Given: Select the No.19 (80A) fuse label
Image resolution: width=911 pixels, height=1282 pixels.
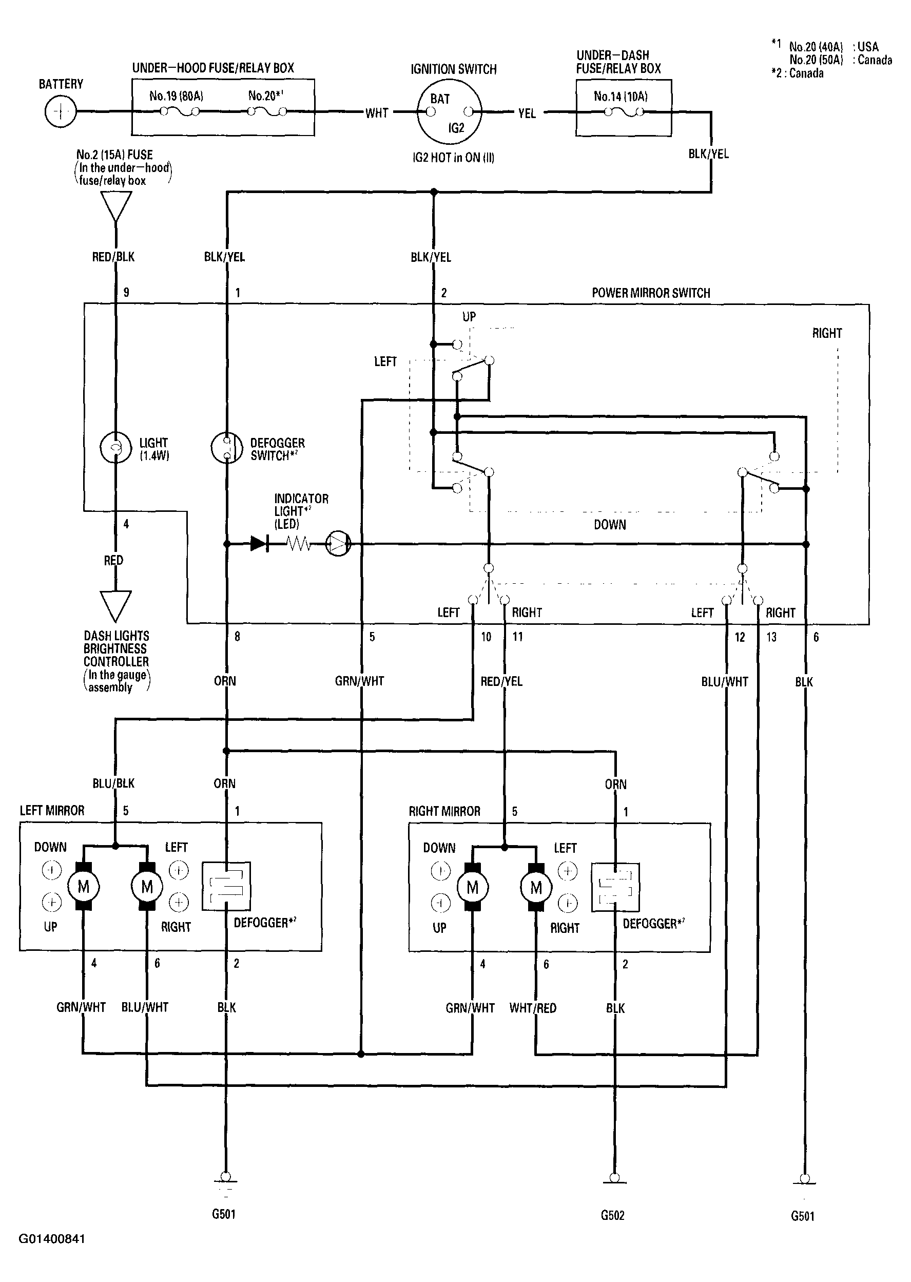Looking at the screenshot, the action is [x=176, y=96].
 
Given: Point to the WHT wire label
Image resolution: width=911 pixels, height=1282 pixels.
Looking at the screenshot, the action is [x=377, y=113].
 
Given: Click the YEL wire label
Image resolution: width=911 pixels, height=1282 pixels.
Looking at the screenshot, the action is [x=527, y=113].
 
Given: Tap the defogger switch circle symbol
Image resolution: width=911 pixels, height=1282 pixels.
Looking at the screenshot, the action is [x=227, y=448].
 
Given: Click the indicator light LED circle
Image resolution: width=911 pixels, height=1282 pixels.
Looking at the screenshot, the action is [x=338, y=543].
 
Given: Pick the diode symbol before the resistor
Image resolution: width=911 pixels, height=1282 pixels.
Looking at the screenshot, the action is [x=259, y=543].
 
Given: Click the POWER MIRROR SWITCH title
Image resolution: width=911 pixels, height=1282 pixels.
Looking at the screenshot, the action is [x=651, y=293].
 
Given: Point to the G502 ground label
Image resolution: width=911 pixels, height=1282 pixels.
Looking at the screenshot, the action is [x=613, y=1215].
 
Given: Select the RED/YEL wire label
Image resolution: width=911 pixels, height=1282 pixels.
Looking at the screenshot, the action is [x=501, y=681].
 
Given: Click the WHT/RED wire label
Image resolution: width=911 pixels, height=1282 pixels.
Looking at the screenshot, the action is [x=533, y=1008].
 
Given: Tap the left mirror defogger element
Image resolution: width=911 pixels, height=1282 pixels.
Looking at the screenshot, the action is [x=226, y=886].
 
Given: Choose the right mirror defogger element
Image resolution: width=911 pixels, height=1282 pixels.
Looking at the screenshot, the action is [x=615, y=887].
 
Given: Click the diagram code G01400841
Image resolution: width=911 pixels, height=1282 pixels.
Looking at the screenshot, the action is [x=52, y=1239].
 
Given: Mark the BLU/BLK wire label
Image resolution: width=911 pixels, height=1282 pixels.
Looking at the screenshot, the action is [x=113, y=783].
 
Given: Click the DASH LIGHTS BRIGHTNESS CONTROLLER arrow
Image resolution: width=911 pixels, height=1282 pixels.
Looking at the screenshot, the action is [x=115, y=606].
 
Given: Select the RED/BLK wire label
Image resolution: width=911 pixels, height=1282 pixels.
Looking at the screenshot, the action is [x=113, y=256].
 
